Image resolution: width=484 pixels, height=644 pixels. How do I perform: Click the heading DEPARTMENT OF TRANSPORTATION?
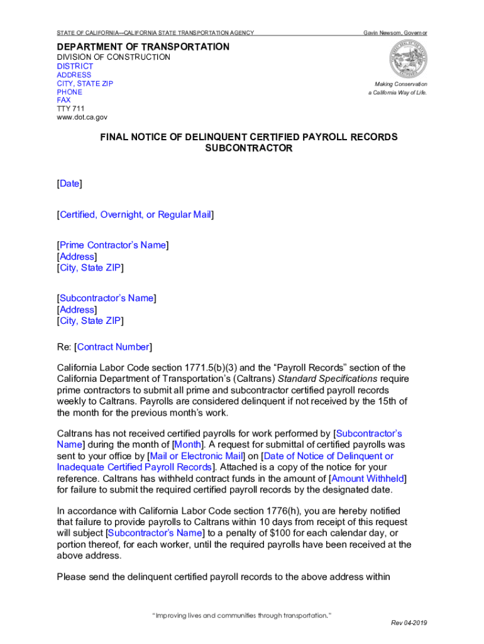(x=143, y=47)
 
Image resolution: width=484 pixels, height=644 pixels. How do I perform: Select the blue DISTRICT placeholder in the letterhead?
(x=75, y=66)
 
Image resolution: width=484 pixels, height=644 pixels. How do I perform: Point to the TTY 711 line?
(x=70, y=108)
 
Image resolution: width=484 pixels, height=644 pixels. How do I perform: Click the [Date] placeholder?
(x=69, y=184)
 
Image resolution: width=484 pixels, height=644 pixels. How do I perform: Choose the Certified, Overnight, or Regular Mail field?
(x=135, y=215)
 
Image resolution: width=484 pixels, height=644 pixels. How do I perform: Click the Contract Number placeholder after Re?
(x=113, y=347)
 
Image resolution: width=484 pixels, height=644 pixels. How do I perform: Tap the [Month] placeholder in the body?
(x=188, y=445)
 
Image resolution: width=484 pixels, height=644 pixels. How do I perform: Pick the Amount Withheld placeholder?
(x=368, y=479)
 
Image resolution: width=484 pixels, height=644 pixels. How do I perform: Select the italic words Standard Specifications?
(x=337, y=379)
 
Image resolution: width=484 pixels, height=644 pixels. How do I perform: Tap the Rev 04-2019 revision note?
(x=409, y=623)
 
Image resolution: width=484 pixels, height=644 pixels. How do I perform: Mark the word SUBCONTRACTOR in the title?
(x=249, y=148)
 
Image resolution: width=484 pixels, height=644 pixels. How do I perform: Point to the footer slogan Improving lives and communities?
(x=242, y=614)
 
